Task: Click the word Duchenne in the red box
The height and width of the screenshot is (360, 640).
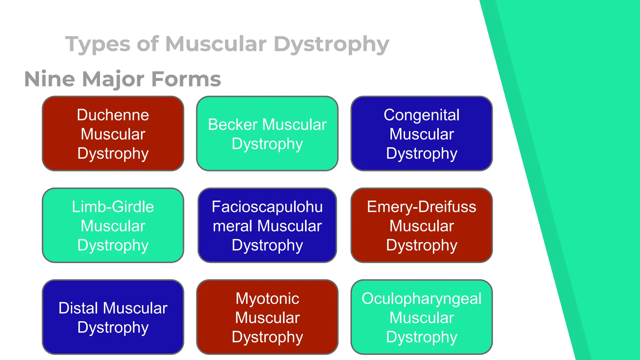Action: (113, 115)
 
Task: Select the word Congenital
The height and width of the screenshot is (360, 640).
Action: (421, 115)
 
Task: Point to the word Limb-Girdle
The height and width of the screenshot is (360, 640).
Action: (113, 207)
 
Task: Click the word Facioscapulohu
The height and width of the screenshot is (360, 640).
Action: (267, 207)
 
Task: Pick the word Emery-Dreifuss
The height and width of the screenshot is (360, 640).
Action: (421, 207)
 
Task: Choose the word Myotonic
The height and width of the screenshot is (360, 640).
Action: (267, 298)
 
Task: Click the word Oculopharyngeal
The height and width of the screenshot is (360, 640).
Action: (421, 298)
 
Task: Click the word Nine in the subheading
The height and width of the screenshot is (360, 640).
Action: (49, 79)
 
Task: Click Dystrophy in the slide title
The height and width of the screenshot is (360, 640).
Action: (331, 44)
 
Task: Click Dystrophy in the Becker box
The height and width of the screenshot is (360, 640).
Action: (267, 144)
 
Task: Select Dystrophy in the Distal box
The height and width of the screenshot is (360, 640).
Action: (113, 327)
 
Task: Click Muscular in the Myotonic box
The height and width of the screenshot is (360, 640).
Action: (267, 318)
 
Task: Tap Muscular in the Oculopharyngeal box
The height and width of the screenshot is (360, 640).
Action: (421, 318)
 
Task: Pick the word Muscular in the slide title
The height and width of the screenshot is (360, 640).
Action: (216, 44)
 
